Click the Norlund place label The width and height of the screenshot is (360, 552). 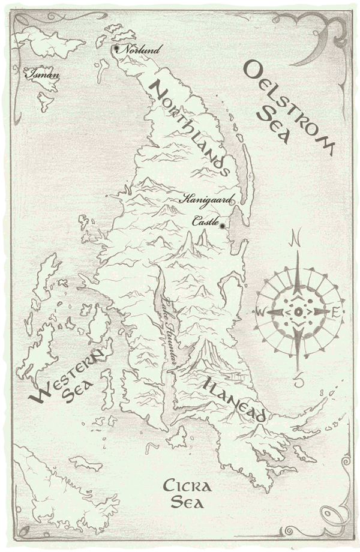coord(140,50)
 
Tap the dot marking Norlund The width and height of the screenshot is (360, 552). coord(116,48)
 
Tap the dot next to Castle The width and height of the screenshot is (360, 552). coord(222,226)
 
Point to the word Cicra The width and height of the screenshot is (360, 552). coord(185,485)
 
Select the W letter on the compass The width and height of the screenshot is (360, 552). coord(260,313)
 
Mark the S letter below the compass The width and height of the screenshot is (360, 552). coord(299,379)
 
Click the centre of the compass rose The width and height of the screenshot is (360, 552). coord(298,313)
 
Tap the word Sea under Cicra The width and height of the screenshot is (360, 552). coord(186,502)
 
